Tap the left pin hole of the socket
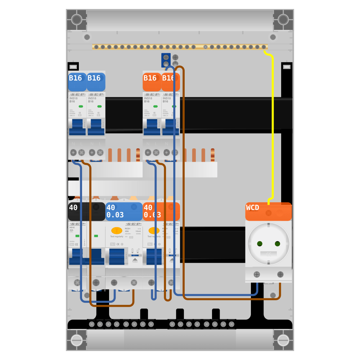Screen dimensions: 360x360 coord(260,244)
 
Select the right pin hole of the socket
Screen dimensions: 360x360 coord(277,244)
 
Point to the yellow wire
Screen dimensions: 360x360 coord(273,126)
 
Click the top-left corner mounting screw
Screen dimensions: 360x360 coord(76,19)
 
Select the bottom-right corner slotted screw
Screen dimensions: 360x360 coord(283,340)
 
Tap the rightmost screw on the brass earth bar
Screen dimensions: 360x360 coord(264,47)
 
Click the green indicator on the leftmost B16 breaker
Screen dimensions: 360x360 coord(81,106)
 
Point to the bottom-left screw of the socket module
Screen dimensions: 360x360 coord(257,275)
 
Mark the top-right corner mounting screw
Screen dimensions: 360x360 coord(283,19)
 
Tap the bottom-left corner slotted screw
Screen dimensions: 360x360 coord(76,340)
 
